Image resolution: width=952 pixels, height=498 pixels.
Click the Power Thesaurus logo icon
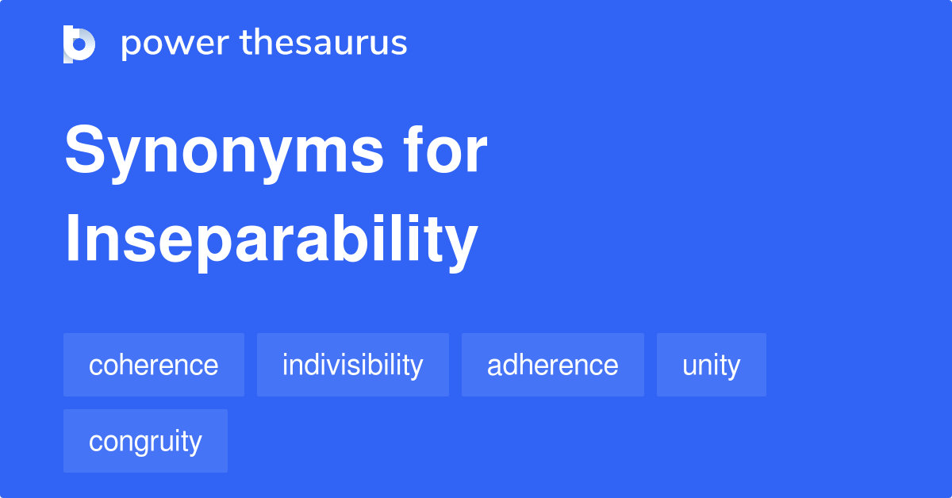coord(79,44)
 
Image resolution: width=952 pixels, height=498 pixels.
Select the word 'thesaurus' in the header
coord(324,44)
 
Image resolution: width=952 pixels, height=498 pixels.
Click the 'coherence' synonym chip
coord(154,365)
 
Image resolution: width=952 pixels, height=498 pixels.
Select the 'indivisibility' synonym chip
coord(352,365)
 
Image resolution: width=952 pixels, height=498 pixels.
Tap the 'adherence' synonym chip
coord(552,365)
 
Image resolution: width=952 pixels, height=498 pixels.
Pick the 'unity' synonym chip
coord(711,365)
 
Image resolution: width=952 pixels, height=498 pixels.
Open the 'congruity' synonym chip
coord(145,441)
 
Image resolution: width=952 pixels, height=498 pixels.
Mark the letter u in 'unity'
coord(689,366)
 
